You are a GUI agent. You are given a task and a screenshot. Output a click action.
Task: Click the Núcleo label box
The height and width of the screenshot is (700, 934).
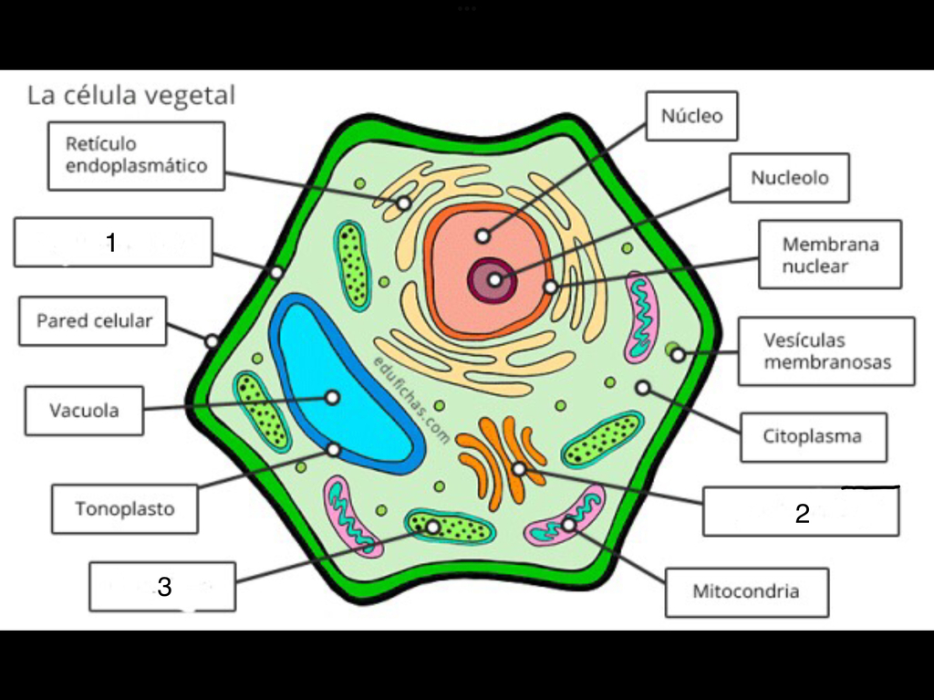(x=691, y=116)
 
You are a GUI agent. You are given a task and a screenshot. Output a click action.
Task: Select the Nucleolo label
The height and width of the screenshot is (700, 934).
(x=789, y=178)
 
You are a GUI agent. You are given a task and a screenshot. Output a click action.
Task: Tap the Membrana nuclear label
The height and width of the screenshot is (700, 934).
(x=830, y=255)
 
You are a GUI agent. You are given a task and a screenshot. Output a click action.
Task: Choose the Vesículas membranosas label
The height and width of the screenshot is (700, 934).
(x=826, y=351)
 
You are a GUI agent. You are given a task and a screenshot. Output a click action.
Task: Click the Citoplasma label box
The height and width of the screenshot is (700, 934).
(x=813, y=436)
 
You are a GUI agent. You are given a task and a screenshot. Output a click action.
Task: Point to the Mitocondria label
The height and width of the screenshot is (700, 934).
(x=746, y=591)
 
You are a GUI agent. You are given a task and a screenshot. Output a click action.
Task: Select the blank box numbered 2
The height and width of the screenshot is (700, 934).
(x=801, y=512)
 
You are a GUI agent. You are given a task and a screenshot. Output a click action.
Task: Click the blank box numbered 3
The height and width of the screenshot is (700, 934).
(x=162, y=586)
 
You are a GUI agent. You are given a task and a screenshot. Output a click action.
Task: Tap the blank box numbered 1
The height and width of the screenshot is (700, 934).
(x=113, y=242)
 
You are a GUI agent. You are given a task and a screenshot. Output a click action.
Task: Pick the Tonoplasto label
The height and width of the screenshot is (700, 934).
(x=124, y=508)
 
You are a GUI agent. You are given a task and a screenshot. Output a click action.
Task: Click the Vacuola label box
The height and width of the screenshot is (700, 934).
(x=84, y=411)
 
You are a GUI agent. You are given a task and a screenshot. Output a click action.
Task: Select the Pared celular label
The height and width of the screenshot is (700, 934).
(x=93, y=320)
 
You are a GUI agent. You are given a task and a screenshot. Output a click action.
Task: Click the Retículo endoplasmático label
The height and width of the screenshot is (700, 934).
(x=137, y=156)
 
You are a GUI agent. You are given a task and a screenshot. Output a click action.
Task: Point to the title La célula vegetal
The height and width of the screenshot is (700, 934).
(x=131, y=96)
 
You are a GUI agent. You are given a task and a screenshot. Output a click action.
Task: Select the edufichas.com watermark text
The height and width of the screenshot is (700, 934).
(x=411, y=400)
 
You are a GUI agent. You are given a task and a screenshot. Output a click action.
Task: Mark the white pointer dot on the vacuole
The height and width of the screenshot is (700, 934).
(x=332, y=397)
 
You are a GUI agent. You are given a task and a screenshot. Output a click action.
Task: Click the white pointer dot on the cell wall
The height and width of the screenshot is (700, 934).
(x=212, y=341)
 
